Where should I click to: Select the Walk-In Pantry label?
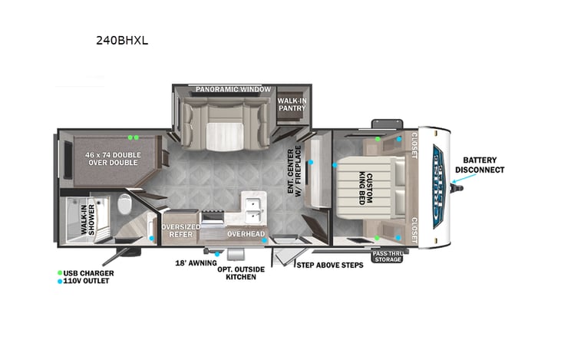(x=292, y=104)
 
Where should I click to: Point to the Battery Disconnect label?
(x=480, y=164)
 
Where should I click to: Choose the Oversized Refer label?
(x=181, y=231)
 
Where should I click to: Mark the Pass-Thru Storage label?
(x=388, y=256)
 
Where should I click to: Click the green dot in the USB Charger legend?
(x=61, y=272)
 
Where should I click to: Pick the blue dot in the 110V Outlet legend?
(x=61, y=281)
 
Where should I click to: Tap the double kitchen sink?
(x=252, y=206)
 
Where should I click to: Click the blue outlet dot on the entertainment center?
(x=311, y=163)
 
